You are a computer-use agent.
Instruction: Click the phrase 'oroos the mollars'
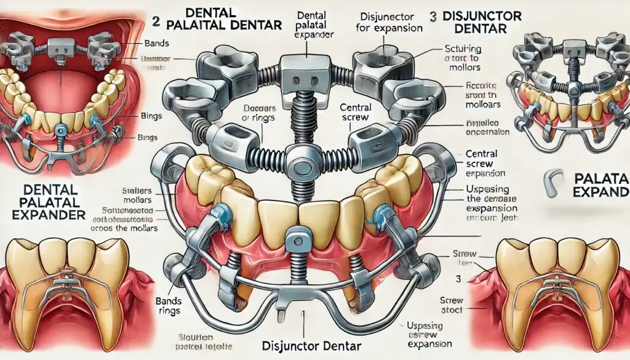pos(129,229)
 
